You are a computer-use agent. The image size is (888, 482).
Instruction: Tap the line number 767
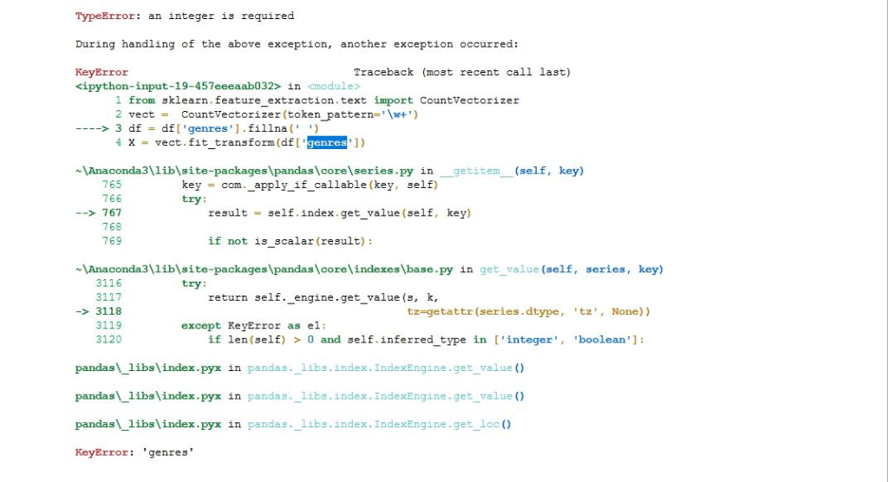(112, 212)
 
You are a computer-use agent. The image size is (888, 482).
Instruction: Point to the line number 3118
(108, 311)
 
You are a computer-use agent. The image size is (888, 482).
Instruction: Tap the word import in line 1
(393, 100)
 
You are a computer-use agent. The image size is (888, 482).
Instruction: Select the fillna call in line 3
(258, 128)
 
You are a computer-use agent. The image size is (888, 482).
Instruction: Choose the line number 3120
(108, 339)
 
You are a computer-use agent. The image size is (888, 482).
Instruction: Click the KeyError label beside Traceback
(101, 72)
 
